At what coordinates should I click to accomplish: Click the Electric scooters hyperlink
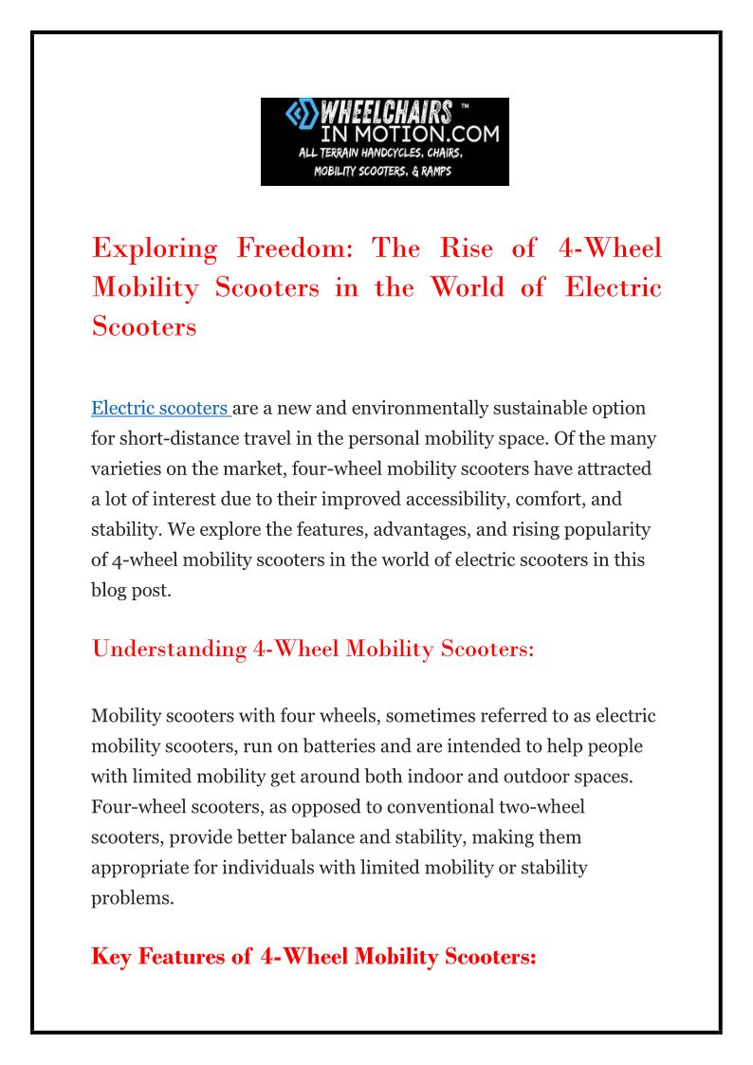[159, 409]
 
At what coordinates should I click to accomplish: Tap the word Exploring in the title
[155, 248]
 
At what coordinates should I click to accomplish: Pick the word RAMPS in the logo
[432, 171]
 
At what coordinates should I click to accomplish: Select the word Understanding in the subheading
[169, 649]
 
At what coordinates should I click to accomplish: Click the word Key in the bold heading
[112, 957]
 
